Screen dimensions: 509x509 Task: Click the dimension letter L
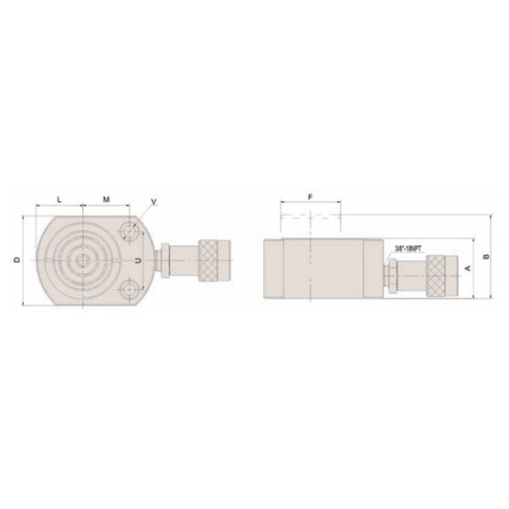pos(59,199)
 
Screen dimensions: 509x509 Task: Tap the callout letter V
pos(154,201)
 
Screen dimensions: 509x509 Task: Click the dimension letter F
pos(310,197)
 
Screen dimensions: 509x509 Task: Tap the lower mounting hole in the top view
pos(128,287)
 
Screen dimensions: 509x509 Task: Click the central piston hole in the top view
pos(82,260)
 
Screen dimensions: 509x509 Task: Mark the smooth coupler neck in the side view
pos(412,277)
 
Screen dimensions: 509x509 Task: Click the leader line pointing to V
pos(143,214)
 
